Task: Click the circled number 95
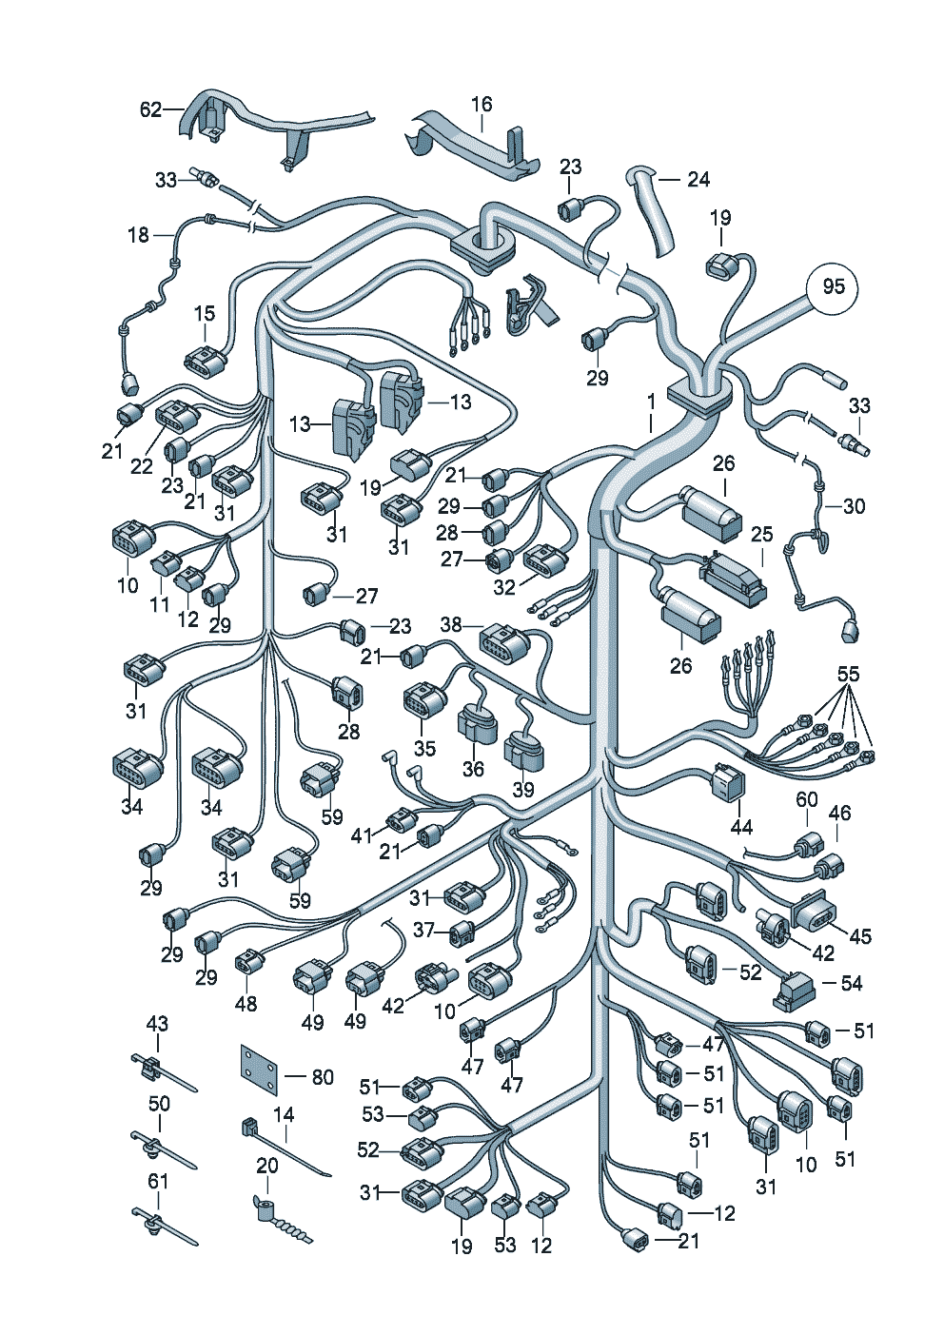point(833,286)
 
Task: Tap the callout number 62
point(150,109)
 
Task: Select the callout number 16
point(482,104)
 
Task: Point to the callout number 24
point(698,179)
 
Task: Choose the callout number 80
point(323,1077)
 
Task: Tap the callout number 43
point(157,1023)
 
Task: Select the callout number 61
point(157,1181)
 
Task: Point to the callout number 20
point(267,1166)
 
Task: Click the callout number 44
point(741,826)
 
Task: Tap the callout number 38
point(451,624)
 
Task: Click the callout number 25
point(762,534)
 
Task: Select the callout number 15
point(205,313)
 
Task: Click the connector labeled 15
point(206,363)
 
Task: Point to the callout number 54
point(851,983)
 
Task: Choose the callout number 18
point(139,234)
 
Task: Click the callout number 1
point(652,401)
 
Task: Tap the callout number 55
point(848,674)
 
